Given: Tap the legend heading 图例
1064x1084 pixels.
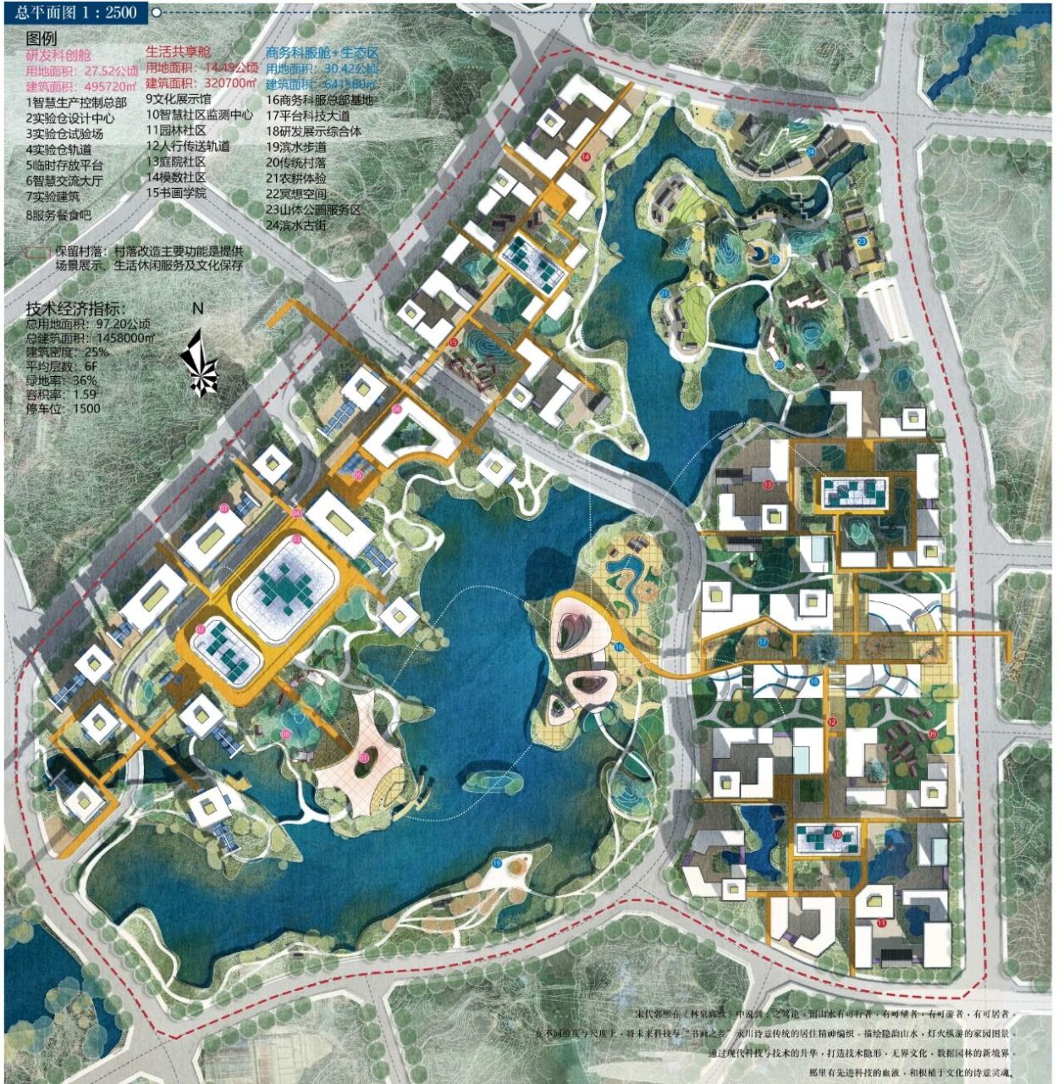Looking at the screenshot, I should (x=41, y=39).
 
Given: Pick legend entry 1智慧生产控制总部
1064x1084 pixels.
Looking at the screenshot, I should (x=76, y=102).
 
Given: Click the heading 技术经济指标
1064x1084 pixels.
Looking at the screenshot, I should (x=75, y=309).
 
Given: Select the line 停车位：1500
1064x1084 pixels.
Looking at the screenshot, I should (x=63, y=408).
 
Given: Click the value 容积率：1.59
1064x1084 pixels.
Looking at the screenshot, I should (x=61, y=394).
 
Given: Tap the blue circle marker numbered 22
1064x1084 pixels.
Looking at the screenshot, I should (x=772, y=257).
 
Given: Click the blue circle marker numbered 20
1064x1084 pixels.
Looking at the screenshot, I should (x=779, y=365).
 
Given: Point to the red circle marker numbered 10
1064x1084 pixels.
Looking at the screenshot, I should (x=836, y=835).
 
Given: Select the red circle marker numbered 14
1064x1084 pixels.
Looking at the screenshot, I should (x=586, y=157).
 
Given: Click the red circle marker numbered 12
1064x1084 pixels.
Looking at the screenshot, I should (x=831, y=722).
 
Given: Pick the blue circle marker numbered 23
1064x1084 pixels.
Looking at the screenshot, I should (x=862, y=241).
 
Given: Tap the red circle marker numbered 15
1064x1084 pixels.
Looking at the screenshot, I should (x=453, y=342).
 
